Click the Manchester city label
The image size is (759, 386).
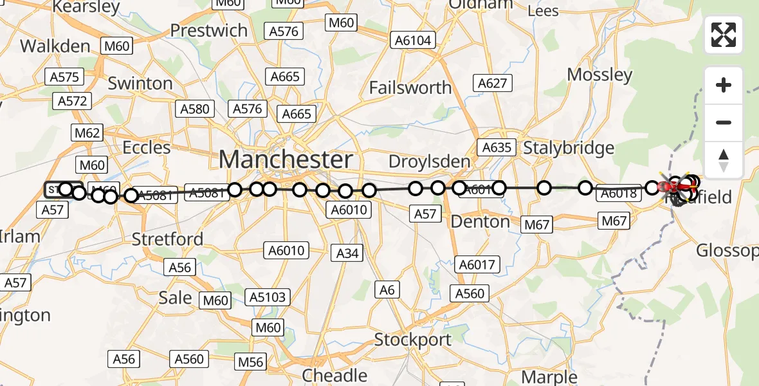[x=286, y=159]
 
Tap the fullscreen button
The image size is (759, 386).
[x=724, y=35]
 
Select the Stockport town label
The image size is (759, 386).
[x=412, y=339]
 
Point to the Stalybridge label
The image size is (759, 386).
[x=569, y=148]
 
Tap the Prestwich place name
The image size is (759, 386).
[x=208, y=30]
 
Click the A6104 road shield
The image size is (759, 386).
[x=413, y=41]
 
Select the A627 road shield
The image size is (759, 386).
[x=493, y=82]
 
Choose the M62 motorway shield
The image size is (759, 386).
[x=88, y=133]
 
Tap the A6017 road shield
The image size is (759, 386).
[x=477, y=264]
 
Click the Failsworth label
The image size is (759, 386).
[x=410, y=87]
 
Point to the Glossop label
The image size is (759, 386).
[x=727, y=250]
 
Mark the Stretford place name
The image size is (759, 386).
[x=167, y=239]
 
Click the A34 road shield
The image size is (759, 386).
[x=347, y=253]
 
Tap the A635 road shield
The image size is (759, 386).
[x=497, y=147]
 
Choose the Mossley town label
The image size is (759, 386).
[x=599, y=75]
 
